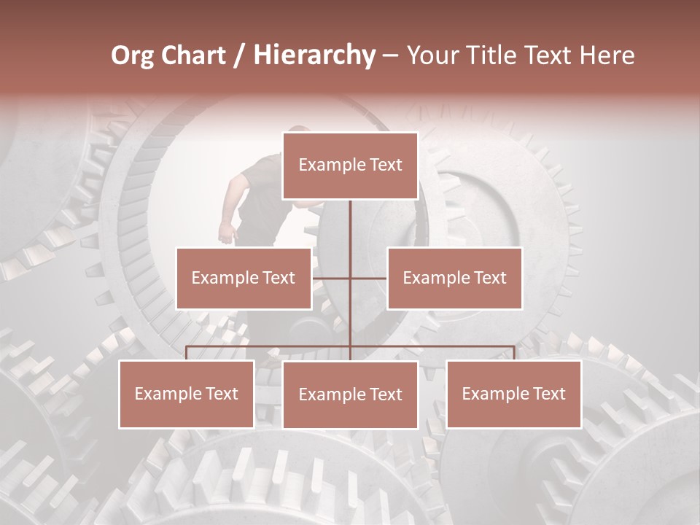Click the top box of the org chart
[x=350, y=166]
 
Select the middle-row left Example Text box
[x=244, y=278]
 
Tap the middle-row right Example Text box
[x=454, y=278]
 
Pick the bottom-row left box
[x=187, y=394]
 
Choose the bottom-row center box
[x=350, y=394]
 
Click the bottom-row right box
[x=513, y=394]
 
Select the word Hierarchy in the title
[x=314, y=55]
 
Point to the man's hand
[x=227, y=233]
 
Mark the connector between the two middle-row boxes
[x=350, y=278]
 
